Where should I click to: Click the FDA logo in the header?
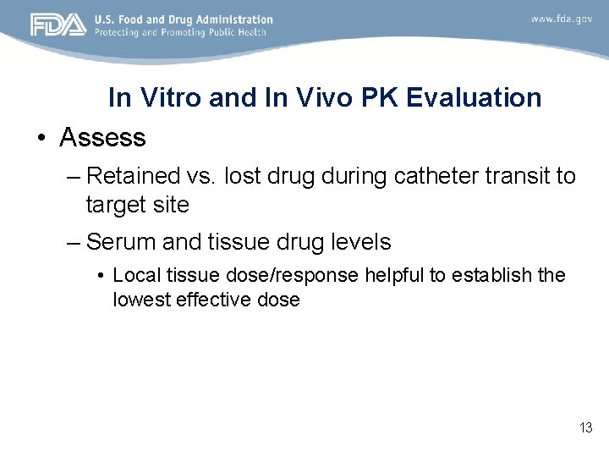point(58,25)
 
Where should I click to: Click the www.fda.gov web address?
point(561,18)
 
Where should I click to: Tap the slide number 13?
point(585,428)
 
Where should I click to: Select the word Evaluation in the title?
point(474,98)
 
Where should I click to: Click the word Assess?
point(102,137)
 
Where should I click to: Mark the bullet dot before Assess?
point(41,138)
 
